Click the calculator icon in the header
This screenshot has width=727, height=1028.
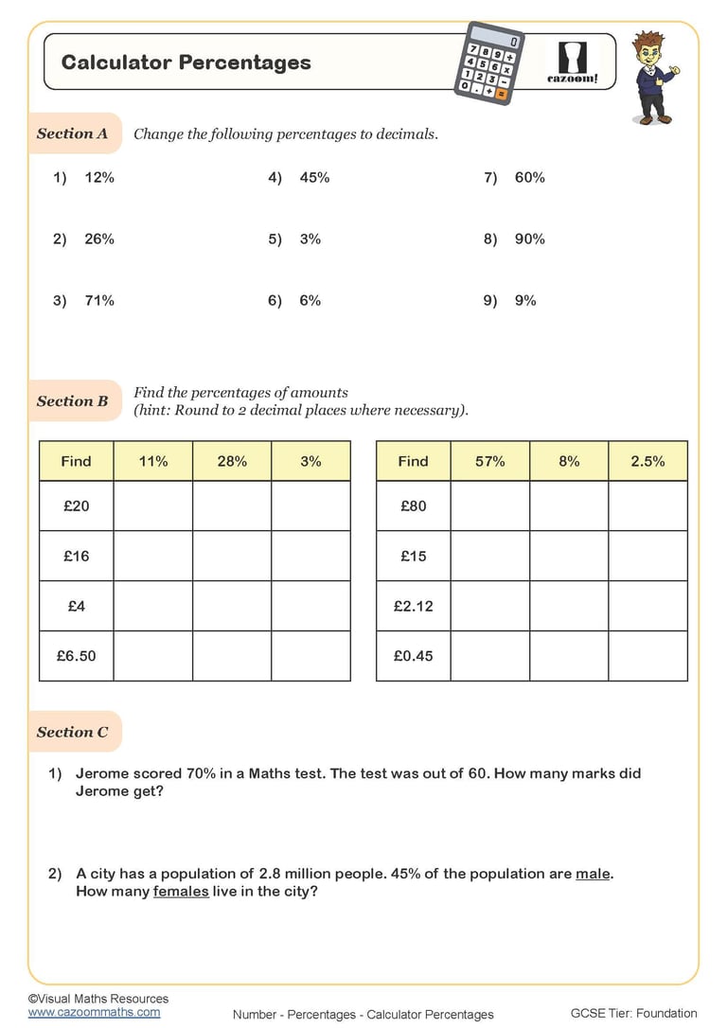(487, 62)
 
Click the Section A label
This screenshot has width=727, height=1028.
(73, 133)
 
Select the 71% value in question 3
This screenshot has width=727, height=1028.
(99, 300)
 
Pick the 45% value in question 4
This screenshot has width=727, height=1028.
(314, 177)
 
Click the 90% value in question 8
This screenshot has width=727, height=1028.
(530, 239)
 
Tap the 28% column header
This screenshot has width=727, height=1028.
(232, 461)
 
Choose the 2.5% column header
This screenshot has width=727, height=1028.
(647, 461)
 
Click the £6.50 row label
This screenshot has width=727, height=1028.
(77, 655)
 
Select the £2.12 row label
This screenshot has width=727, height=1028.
(414, 606)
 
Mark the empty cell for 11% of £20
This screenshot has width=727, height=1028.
(153, 505)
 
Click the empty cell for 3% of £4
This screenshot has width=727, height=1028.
(310, 606)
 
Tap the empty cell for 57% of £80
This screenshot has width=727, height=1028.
(489, 505)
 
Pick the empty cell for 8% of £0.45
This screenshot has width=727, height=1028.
(569, 655)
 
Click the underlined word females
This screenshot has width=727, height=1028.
(181, 892)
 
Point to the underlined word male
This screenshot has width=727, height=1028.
(593, 874)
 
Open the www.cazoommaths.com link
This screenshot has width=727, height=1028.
(94, 1012)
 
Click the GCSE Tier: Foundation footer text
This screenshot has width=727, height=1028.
(633, 1013)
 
